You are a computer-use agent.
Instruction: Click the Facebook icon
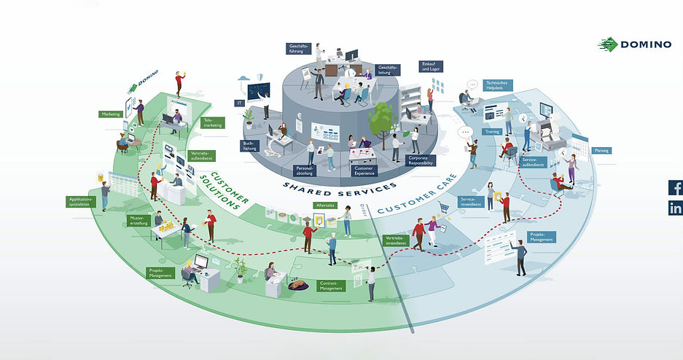675,187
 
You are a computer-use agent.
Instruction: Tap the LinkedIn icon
675,208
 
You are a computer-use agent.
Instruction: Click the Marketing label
110,114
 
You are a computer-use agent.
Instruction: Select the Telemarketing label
212,122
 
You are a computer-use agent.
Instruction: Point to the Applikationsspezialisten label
80,201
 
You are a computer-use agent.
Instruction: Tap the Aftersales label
324,206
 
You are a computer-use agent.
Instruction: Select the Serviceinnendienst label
469,202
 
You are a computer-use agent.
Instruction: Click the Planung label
601,150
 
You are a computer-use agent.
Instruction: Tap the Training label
492,132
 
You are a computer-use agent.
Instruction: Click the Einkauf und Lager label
429,66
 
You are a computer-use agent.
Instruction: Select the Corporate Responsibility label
421,160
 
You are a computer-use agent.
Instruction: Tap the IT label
239,103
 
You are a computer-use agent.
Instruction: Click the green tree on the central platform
380,117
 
